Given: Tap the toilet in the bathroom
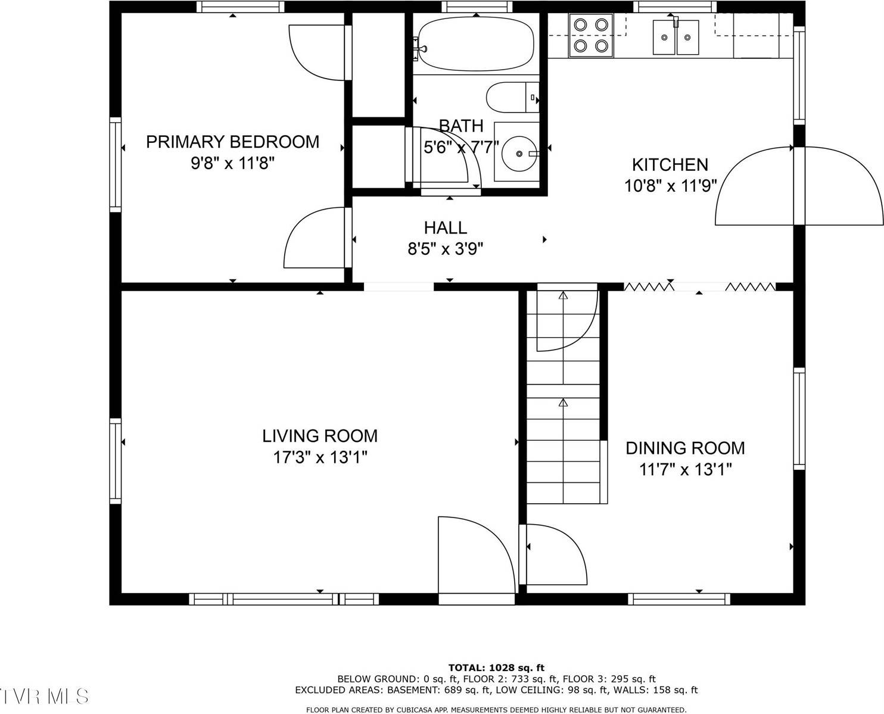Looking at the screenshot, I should [511, 98].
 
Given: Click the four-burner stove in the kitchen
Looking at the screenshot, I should [591, 35].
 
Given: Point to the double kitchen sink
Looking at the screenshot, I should [676, 38].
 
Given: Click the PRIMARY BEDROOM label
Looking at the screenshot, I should [232, 142].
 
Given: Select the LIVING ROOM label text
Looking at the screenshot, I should [320, 436].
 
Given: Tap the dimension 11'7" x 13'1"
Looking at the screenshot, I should [685, 470].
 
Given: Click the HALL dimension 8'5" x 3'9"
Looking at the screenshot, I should [445, 249].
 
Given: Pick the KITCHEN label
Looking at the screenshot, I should [670, 164].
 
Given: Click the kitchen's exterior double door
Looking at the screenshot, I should [799, 186].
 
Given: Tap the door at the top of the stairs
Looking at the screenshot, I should [566, 319].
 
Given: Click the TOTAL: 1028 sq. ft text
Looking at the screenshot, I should [496, 668].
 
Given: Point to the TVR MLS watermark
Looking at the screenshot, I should [45, 696].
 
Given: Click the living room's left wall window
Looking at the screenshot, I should [115, 460].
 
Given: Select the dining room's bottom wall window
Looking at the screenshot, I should [679, 598].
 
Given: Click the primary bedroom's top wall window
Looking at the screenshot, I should [240, 7].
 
